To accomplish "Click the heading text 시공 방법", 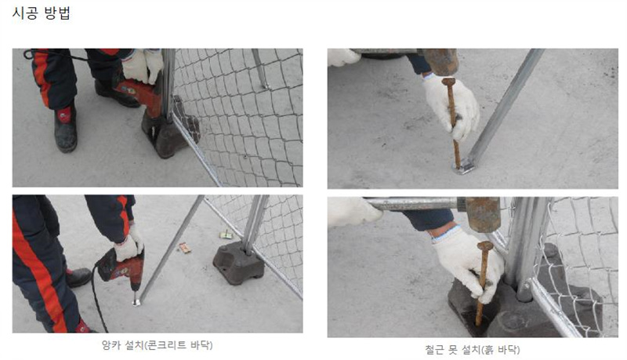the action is pos(42,13).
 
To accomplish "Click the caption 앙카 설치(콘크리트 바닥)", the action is pos(158,345).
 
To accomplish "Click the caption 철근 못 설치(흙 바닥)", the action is pos(473,350).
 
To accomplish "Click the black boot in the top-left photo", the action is pos(66,128).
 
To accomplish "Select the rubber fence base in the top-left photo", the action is pos(170,128).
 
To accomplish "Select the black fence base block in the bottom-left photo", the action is pos(239,263).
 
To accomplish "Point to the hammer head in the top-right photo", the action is pos(440,61).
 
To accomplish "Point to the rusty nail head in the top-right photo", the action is pos(448,82).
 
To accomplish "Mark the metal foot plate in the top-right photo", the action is pos(464,166).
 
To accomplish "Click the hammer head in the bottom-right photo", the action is pos(483,214).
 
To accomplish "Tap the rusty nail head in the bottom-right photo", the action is pos(485,245).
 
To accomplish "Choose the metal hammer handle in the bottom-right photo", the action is pos(416,204).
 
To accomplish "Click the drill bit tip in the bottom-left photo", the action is pos(136,302).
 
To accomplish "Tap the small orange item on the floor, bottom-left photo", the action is pos(184,249).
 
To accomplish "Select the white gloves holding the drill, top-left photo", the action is pos(143,66).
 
